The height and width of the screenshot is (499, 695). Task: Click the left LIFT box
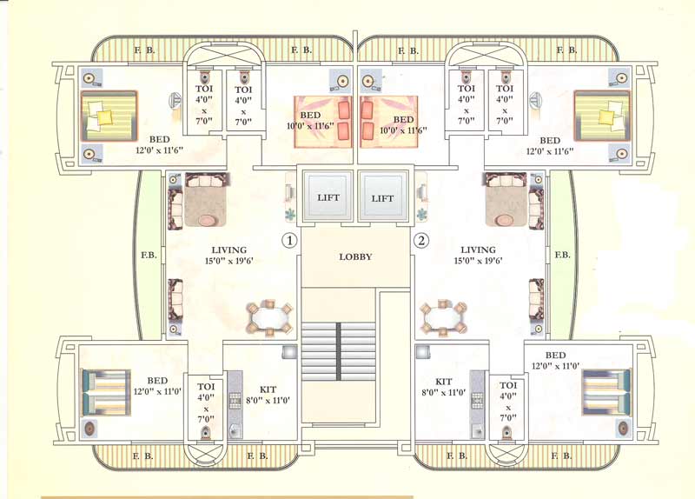(328, 197)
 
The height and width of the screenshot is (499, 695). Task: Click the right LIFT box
(382, 197)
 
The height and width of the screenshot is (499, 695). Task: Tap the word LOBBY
(355, 256)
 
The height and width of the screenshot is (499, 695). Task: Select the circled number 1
(289, 240)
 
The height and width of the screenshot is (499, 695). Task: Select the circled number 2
(422, 240)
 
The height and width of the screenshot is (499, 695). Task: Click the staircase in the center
(339, 349)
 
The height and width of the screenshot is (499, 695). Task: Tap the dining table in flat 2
(443, 318)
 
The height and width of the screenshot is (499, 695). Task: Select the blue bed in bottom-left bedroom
(106, 392)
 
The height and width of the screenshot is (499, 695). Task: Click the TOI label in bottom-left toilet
(206, 386)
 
